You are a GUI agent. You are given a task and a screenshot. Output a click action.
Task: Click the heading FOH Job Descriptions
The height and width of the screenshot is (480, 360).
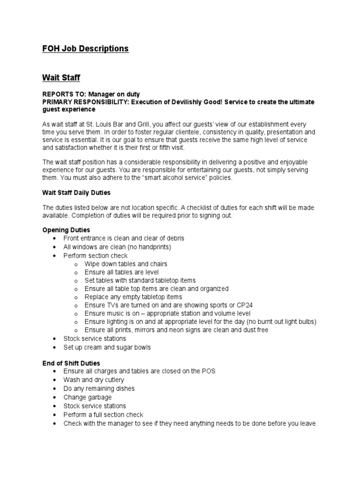(x=85, y=49)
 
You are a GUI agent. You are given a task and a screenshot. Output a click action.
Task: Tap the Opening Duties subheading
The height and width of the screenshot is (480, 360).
(x=66, y=230)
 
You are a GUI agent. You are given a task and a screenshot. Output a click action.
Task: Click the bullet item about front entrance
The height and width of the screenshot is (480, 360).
(x=124, y=238)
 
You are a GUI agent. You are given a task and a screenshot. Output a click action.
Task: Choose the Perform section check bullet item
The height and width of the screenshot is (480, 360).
(x=95, y=255)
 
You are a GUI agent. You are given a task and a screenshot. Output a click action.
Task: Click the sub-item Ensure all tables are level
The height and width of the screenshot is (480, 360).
(x=121, y=272)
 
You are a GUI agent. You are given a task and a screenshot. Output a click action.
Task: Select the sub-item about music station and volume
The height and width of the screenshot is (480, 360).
(x=167, y=313)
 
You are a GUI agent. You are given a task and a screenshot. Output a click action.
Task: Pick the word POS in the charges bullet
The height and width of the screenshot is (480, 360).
(x=209, y=371)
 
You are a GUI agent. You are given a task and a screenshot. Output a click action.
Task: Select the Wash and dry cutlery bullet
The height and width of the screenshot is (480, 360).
(x=94, y=380)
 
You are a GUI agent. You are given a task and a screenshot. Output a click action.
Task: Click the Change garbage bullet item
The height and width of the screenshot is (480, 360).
(x=87, y=397)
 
